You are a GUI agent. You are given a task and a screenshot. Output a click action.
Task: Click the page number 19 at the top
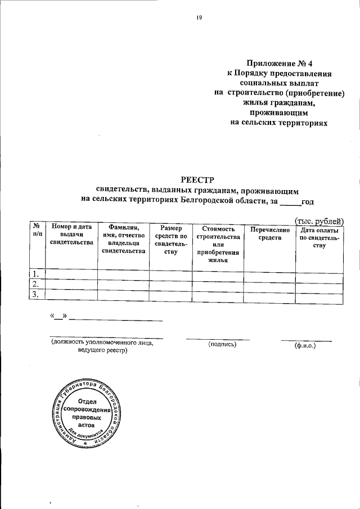click(199, 17)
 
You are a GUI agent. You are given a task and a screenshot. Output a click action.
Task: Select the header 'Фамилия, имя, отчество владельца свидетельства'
click(123, 238)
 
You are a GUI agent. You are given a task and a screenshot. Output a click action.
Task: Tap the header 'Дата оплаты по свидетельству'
click(319, 237)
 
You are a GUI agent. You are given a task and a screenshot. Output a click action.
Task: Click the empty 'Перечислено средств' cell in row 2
click(269, 284)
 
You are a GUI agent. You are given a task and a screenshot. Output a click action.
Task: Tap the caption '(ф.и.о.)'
click(305, 345)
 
